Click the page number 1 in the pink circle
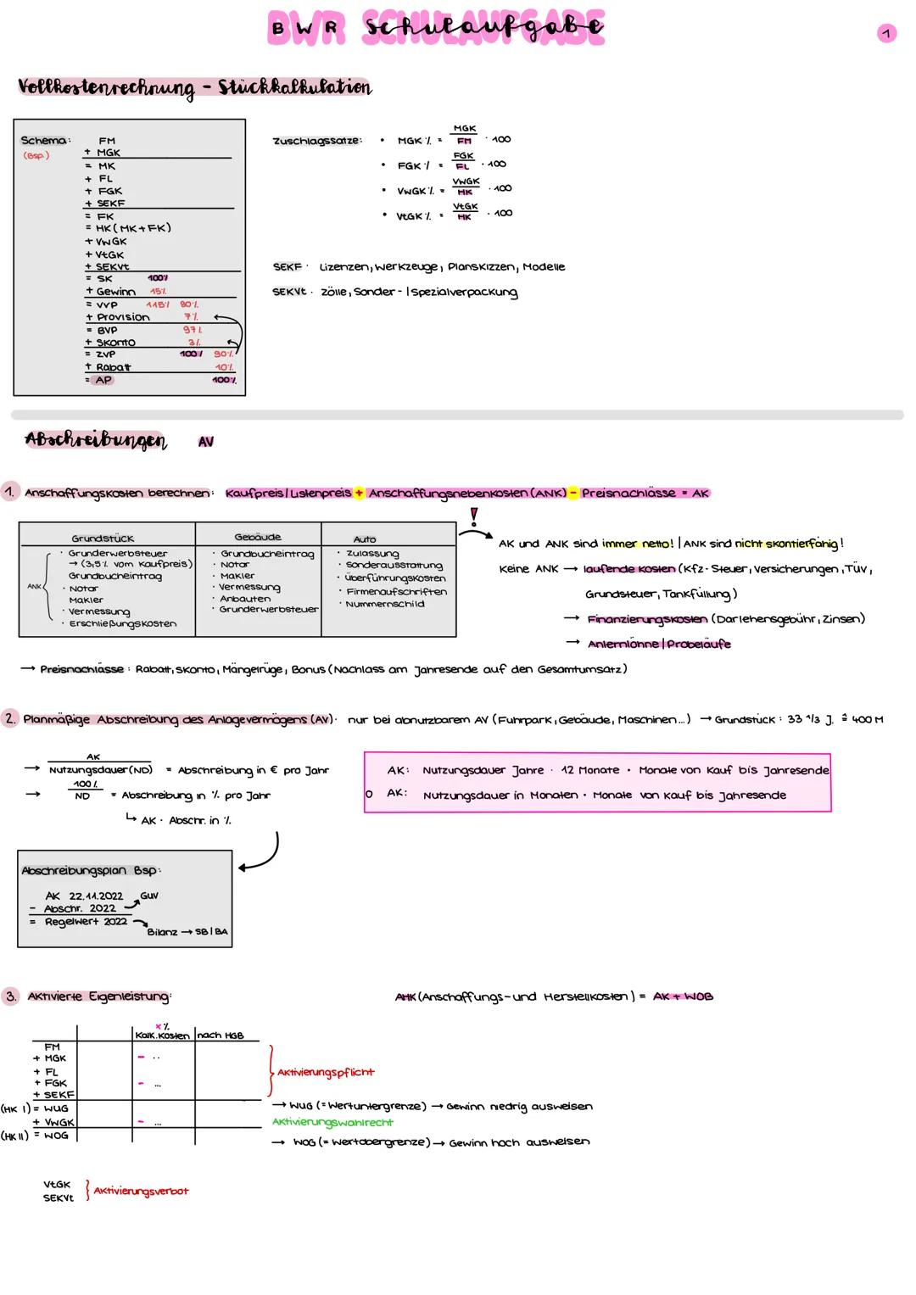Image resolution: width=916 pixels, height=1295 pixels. (885, 33)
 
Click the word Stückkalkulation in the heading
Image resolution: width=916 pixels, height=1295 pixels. (294, 87)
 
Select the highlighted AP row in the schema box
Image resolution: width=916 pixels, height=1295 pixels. (103, 380)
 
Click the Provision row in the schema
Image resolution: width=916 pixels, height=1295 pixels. (122, 317)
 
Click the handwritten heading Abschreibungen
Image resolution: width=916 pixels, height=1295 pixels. (96, 440)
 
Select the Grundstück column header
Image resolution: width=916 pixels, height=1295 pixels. (103, 539)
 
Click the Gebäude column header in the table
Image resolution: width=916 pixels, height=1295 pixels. (257, 537)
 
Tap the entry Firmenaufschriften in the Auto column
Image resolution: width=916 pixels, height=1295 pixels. (396, 591)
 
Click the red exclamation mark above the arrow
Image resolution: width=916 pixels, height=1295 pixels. (474, 516)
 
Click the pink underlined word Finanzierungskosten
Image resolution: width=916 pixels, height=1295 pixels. (647, 619)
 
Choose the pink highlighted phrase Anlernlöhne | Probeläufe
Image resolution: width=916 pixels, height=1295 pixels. (658, 644)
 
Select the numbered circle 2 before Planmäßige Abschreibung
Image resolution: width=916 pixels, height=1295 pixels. (10, 719)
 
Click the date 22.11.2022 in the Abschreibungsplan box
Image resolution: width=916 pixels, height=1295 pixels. (96, 896)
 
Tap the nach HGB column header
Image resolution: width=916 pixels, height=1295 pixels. (220, 1035)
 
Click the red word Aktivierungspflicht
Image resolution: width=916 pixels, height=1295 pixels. (326, 1072)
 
